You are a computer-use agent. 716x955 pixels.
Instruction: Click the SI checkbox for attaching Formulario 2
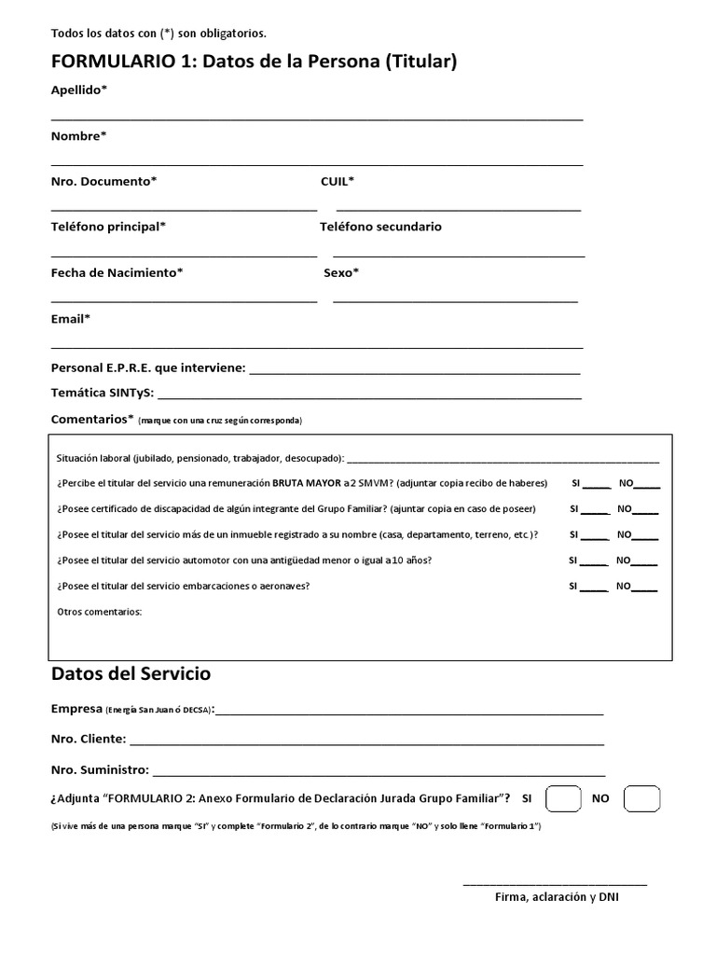click(562, 799)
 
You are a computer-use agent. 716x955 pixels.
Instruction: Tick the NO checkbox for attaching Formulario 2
click(641, 799)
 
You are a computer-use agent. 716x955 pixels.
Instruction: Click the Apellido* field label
click(79, 90)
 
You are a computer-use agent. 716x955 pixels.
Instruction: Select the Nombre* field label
click(79, 136)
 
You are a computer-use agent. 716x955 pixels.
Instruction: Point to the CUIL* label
click(337, 181)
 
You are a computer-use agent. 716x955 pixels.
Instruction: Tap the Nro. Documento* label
click(104, 181)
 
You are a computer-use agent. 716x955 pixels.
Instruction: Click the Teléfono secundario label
click(380, 227)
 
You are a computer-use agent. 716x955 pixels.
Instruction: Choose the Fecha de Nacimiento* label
click(117, 272)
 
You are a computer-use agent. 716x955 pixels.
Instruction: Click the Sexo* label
click(341, 272)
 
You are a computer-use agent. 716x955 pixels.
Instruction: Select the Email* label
click(71, 319)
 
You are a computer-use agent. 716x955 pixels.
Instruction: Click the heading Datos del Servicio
click(131, 673)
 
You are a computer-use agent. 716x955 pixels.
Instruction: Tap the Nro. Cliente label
click(89, 740)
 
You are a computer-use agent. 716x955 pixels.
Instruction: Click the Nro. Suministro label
click(100, 770)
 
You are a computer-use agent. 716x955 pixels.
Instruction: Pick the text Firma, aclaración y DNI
click(557, 897)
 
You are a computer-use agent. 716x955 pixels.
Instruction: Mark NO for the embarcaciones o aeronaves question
click(644, 587)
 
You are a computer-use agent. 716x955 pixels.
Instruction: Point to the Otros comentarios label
click(100, 613)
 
